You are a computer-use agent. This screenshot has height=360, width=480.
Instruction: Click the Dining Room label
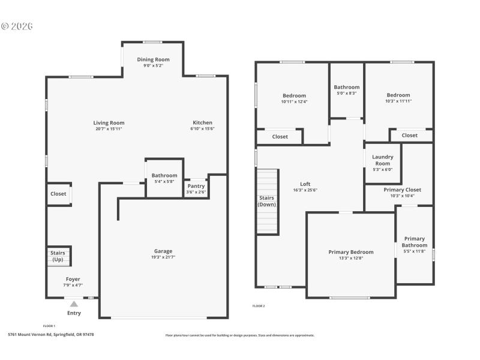[x=153, y=59]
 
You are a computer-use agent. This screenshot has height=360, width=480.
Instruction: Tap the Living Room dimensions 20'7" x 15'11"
[x=109, y=129]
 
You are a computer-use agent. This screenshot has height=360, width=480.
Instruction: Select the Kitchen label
[x=202, y=122]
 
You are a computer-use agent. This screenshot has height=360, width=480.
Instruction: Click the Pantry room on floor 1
[x=196, y=188]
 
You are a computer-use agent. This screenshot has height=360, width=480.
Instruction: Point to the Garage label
[x=163, y=251]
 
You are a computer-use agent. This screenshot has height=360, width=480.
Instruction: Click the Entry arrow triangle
[x=74, y=304]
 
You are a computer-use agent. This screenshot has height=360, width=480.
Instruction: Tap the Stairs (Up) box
[x=58, y=256]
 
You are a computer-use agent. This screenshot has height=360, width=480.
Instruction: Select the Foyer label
[x=73, y=279]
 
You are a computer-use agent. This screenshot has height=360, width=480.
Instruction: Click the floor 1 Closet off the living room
[x=58, y=194]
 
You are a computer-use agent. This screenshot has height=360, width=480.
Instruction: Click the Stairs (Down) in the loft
[x=267, y=201]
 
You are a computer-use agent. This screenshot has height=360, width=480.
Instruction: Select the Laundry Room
[x=382, y=163]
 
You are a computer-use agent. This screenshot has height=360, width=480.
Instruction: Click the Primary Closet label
[x=399, y=189]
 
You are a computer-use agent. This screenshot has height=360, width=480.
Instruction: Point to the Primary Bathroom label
[x=414, y=242]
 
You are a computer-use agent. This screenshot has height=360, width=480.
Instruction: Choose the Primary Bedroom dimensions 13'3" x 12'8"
[x=350, y=258]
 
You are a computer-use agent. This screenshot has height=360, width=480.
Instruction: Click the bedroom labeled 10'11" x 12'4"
[x=294, y=98]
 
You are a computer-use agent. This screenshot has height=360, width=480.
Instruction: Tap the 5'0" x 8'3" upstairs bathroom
[x=346, y=90]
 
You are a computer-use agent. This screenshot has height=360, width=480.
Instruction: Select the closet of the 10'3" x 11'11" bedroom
[x=410, y=135]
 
